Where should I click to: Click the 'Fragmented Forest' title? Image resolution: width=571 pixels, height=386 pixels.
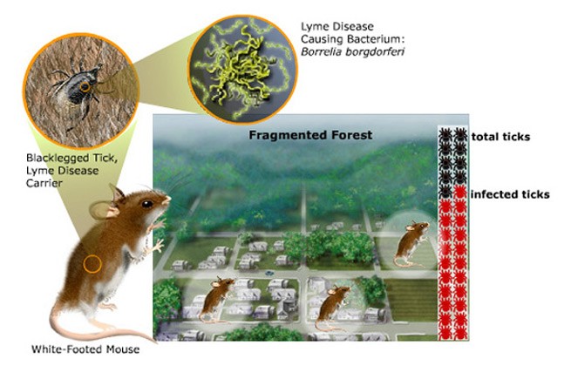[x=310, y=135]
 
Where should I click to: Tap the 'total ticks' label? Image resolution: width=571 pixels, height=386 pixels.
[x=500, y=137]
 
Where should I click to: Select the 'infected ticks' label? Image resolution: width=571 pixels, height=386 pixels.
[x=510, y=194]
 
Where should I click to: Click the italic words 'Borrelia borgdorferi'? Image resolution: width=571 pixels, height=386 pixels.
[x=352, y=51]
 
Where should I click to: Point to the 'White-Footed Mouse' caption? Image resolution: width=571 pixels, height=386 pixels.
[x=85, y=349]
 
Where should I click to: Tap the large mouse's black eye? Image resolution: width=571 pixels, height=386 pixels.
[x=147, y=204]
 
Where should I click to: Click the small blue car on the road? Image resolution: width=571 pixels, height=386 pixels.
[x=269, y=273]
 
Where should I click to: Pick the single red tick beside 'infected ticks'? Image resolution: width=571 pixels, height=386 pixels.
[x=460, y=192]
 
